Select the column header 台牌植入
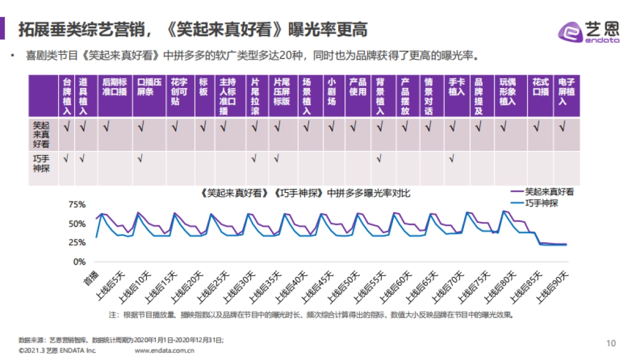(x=67, y=96)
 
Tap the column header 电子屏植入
(x=566, y=92)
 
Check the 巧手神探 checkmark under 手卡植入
(x=452, y=158)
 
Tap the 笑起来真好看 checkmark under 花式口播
(x=537, y=127)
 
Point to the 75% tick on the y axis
(x=77, y=205)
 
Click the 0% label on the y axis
(x=79, y=262)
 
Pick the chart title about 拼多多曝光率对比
(x=306, y=194)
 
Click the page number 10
(x=611, y=343)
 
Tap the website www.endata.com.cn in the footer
(x=164, y=350)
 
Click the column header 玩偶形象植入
(x=507, y=92)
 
